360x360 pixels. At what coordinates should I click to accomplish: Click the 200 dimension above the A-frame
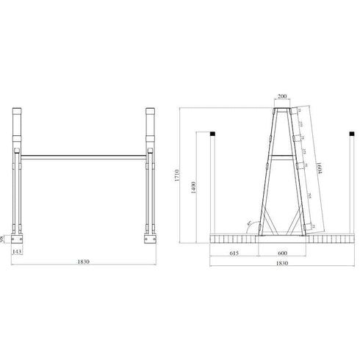click(282, 96)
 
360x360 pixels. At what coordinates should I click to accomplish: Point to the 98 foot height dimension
click(4, 240)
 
